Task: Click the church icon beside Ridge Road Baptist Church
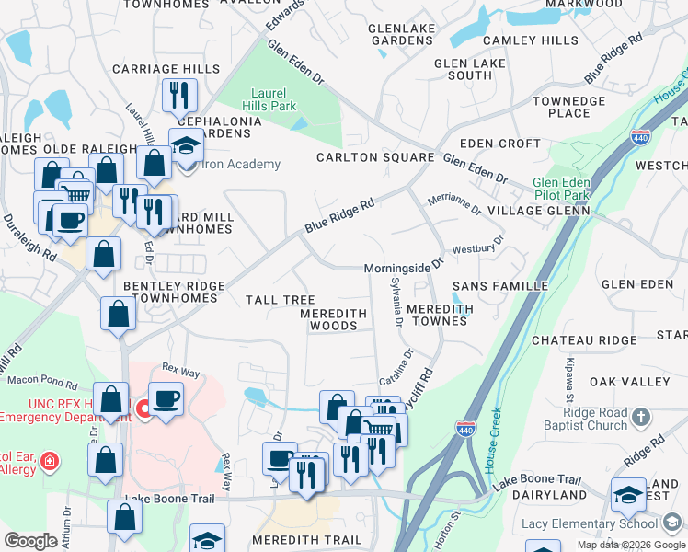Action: tap(640, 418)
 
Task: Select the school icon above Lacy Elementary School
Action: tap(629, 495)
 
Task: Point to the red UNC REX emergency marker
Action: tap(143, 408)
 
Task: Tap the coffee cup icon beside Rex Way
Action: tap(166, 399)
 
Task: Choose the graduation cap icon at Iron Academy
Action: tap(186, 145)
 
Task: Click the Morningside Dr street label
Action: tap(404, 267)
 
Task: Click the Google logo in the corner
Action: tap(30, 541)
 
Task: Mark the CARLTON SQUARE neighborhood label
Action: tap(374, 157)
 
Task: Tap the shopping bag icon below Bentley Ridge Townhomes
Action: tap(119, 315)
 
